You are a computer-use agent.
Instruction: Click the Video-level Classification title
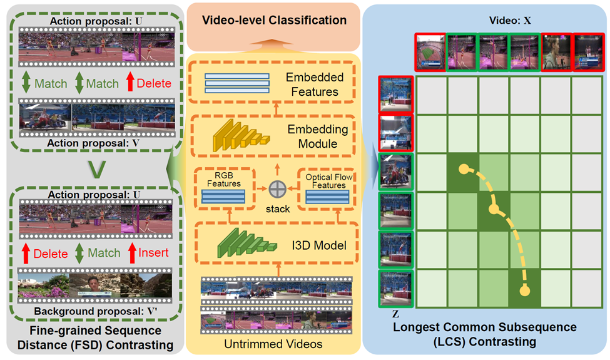click(274, 21)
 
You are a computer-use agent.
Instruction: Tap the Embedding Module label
click(313, 136)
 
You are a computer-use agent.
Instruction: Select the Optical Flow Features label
click(328, 182)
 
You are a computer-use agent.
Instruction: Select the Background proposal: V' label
click(95, 311)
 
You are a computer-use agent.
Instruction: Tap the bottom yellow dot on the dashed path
click(524, 291)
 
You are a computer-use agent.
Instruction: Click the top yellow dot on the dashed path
click(464, 169)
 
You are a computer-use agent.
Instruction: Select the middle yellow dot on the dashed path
click(494, 209)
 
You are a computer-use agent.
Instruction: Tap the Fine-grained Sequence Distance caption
click(95, 337)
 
